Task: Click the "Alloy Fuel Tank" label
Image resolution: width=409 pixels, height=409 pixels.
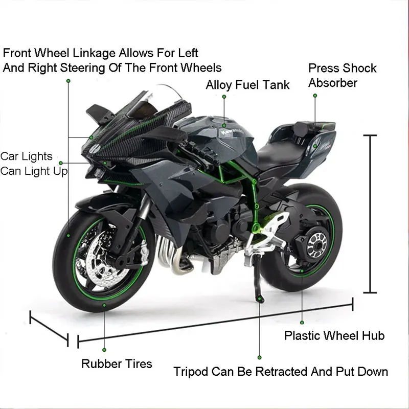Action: coord(247,85)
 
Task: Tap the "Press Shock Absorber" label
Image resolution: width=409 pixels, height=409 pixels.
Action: coord(342,75)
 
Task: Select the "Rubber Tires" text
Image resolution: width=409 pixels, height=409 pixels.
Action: coord(117,364)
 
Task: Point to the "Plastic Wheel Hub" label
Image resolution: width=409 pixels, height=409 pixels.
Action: coord(334,336)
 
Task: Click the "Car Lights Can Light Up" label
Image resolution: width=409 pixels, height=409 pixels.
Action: coord(34,164)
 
